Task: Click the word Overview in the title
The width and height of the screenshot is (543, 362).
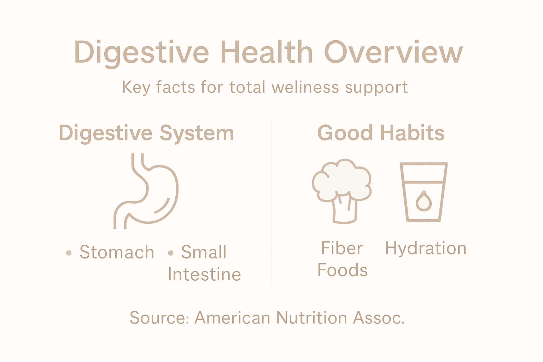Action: (x=393, y=52)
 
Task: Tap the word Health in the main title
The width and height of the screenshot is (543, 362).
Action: (x=267, y=52)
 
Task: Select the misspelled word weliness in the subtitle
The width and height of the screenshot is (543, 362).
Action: (x=305, y=87)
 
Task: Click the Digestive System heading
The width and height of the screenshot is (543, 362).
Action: (x=146, y=134)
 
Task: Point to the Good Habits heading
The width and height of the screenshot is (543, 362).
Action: (x=381, y=133)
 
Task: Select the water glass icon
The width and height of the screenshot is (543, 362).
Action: (x=424, y=192)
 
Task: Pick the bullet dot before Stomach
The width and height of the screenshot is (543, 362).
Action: (x=69, y=253)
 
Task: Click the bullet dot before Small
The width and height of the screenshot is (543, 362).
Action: (x=171, y=253)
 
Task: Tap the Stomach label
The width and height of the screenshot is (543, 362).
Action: (x=117, y=252)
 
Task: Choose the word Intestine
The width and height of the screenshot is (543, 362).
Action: (x=204, y=274)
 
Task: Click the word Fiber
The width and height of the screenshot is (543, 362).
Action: (x=342, y=248)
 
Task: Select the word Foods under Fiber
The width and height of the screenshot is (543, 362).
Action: (x=342, y=270)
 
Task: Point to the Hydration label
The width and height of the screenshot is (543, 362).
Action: (x=426, y=248)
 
